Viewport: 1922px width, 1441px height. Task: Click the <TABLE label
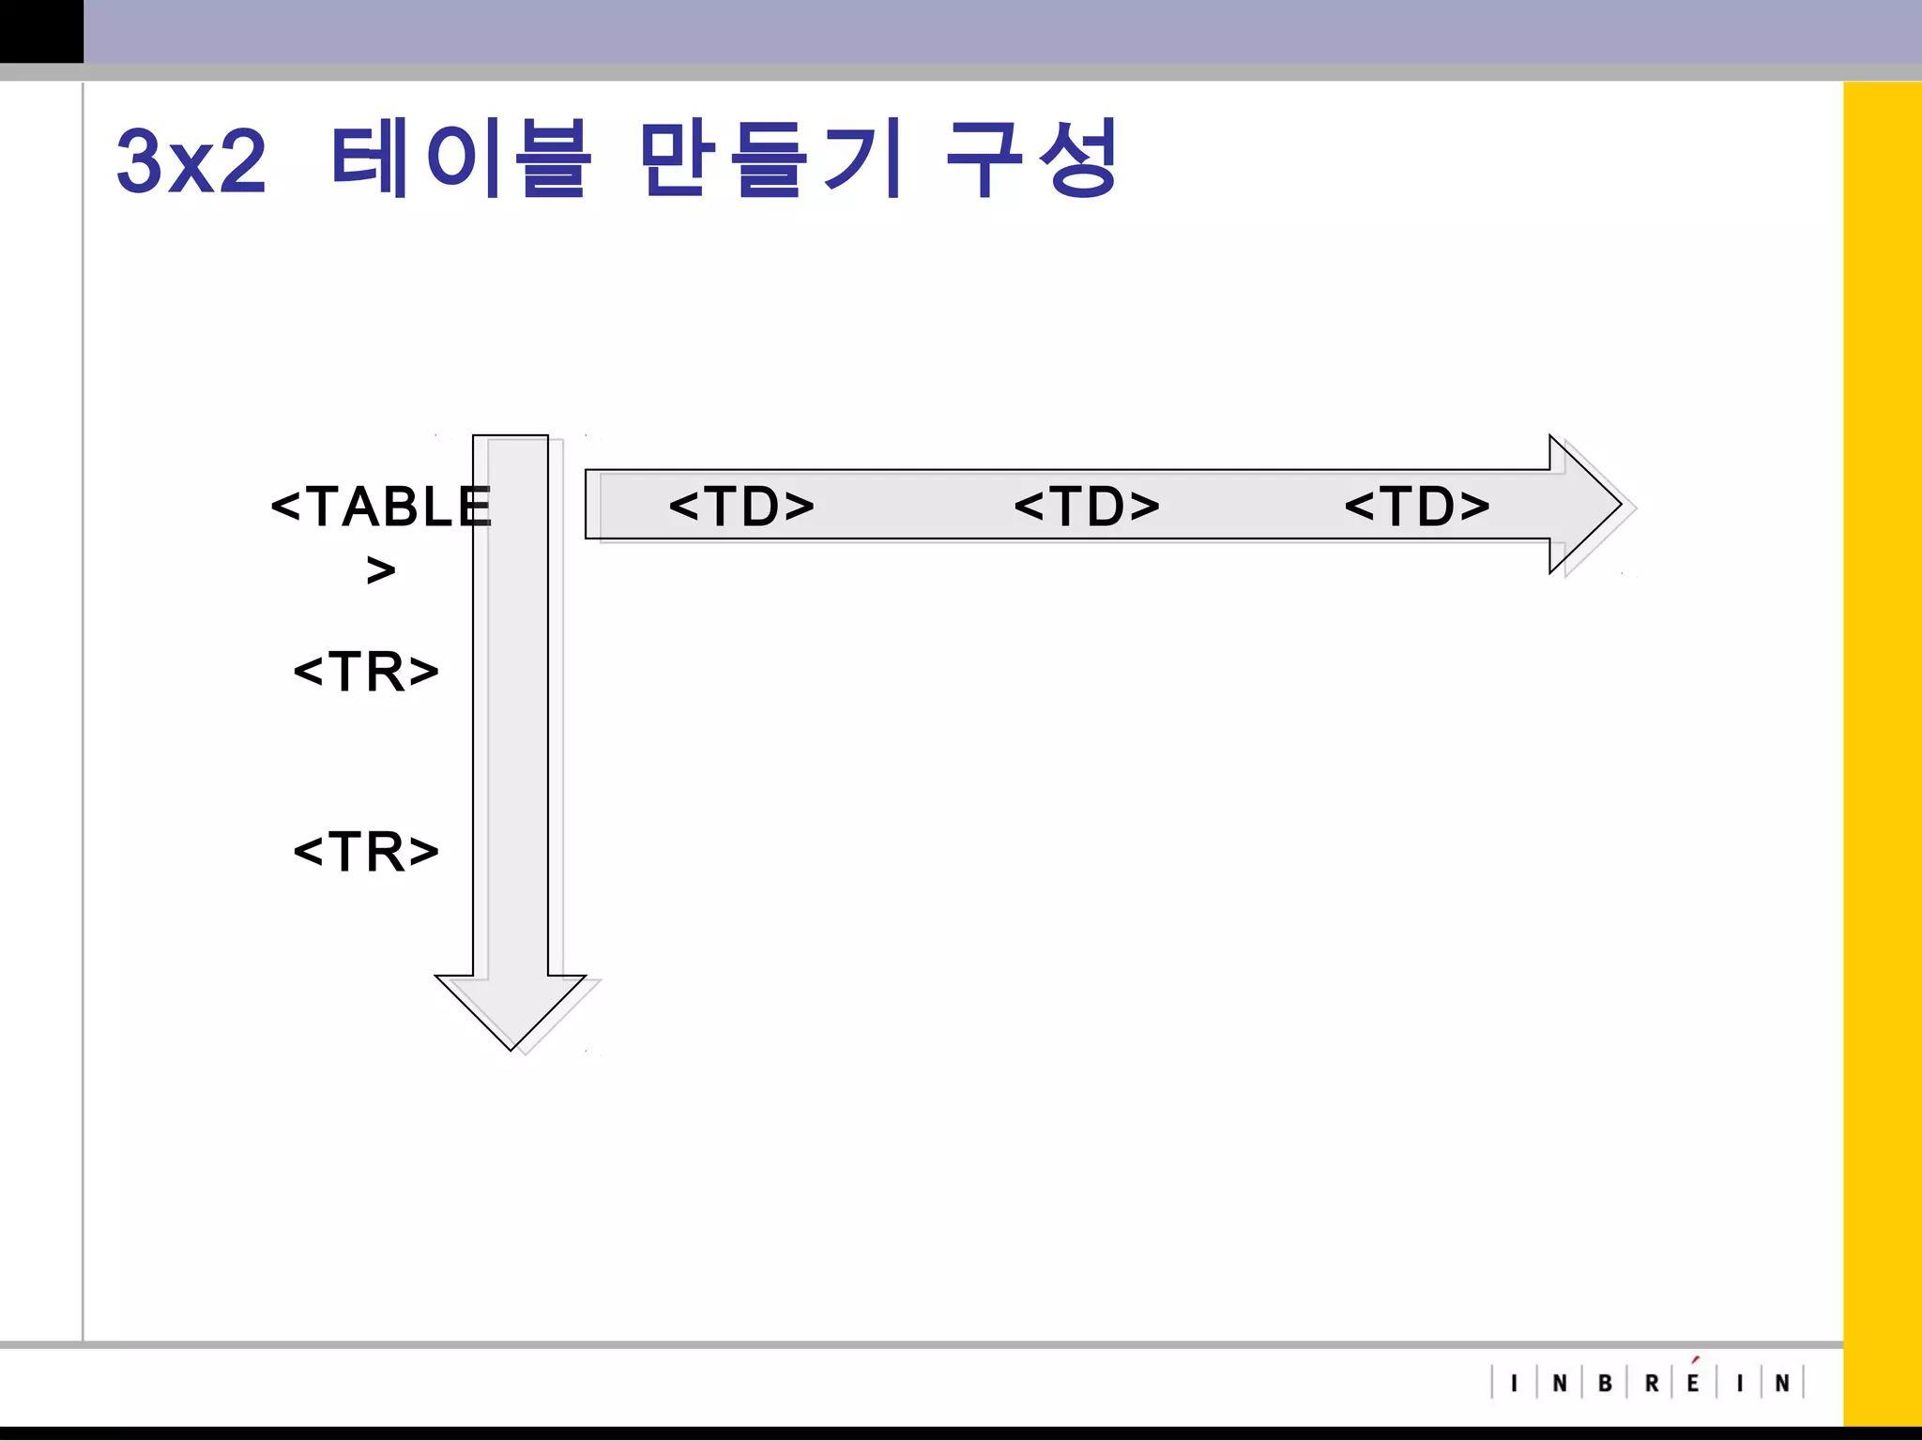380,508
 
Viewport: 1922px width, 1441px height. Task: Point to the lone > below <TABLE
381,569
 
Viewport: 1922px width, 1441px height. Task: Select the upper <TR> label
366,672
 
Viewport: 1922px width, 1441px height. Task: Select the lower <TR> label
366,852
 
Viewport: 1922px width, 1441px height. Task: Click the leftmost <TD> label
741,507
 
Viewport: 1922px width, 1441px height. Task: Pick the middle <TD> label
1087,507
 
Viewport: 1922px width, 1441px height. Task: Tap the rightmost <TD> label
1417,507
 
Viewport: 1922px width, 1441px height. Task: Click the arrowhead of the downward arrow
511,1009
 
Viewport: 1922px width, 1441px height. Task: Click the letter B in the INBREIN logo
1605,1384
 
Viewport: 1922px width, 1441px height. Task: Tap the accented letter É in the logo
1693,1382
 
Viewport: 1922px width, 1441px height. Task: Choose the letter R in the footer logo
1652,1384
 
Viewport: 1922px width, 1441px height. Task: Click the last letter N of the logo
1782,1384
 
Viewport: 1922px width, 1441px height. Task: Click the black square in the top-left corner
41,31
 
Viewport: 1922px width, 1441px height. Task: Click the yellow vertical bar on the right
1882,751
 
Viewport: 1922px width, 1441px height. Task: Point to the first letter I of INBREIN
1514,1384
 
